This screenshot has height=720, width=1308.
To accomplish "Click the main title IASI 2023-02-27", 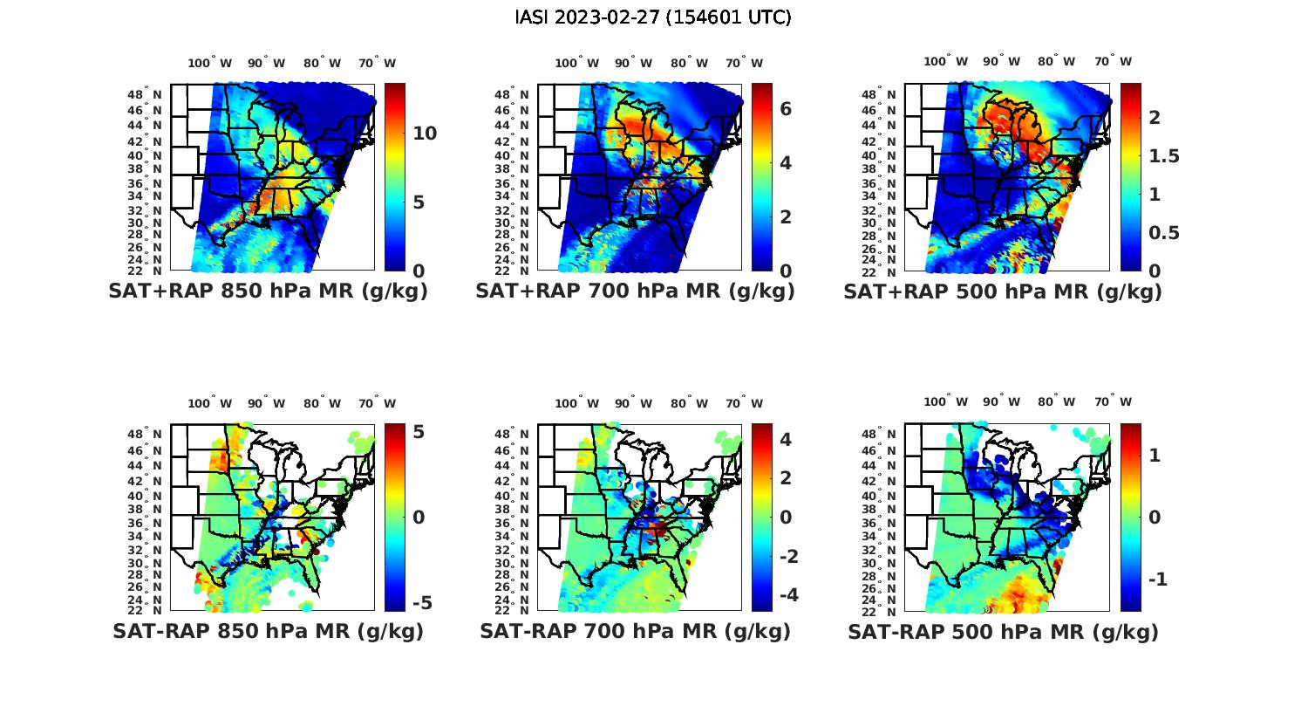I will (653, 17).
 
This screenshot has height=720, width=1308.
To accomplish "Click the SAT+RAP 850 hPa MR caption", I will (268, 291).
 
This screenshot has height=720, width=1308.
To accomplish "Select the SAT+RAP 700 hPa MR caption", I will (635, 291).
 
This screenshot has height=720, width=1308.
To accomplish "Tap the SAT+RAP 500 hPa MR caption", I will (1003, 291).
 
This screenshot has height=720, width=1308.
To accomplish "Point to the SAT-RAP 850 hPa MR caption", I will (268, 631).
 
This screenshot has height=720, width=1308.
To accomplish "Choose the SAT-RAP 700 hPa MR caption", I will (635, 631).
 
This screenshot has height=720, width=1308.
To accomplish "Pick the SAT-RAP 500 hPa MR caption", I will (1003, 631).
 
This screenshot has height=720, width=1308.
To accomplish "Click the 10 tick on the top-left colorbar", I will (425, 134).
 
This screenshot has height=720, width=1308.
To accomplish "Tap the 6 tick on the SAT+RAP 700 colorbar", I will (786, 108).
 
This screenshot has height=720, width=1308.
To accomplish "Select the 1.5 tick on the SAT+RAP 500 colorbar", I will (1164, 156).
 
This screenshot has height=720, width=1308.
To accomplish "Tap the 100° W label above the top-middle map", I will (576, 63).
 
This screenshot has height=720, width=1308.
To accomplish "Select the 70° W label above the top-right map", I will (1113, 62).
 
